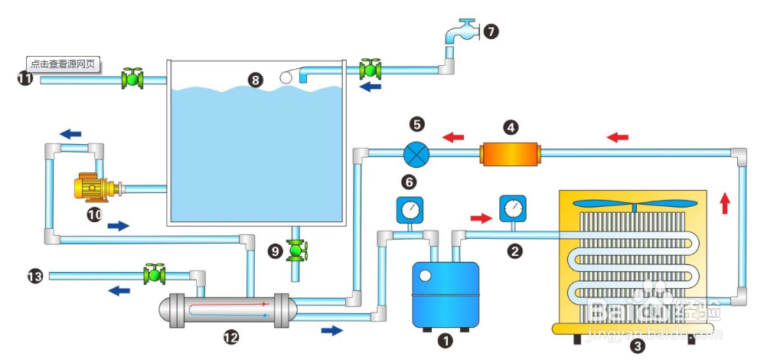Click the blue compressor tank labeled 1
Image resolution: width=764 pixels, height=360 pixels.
coord(446,293)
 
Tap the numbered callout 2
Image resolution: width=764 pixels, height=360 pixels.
coord(516,250)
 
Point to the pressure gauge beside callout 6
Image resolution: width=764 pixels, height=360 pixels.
coord(410,209)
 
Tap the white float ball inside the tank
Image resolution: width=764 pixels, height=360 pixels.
coord(286,77)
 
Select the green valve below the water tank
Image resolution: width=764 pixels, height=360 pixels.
coord(297,250)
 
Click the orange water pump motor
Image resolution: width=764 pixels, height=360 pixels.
coord(94,188)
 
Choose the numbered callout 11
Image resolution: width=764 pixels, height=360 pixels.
coord(25,78)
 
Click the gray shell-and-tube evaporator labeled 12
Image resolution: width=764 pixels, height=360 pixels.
coord(227,309)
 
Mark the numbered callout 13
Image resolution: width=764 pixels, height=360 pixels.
coord(35,276)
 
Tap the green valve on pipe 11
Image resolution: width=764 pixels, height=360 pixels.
coord(132,78)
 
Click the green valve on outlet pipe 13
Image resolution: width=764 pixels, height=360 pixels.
coord(155,273)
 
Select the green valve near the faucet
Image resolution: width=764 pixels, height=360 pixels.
coord(372,69)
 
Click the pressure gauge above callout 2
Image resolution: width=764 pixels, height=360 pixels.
coord(512,208)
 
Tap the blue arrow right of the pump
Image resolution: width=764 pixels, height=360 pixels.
coord(119,226)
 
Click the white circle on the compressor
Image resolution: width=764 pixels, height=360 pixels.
coord(425,273)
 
